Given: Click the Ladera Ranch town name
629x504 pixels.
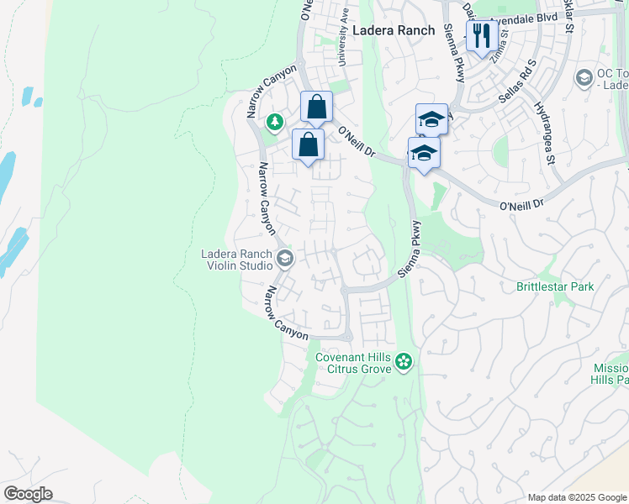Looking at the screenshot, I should point(394,30).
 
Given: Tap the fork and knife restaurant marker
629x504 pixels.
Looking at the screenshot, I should point(480,35).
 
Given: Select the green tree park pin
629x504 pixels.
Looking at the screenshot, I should point(274,123).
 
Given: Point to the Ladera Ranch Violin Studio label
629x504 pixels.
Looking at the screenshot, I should point(236,260).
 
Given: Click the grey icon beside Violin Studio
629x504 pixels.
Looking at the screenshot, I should point(285,259).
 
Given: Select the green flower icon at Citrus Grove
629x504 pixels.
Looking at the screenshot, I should point(404,361).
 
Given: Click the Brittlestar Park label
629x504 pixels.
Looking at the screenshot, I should point(555,286).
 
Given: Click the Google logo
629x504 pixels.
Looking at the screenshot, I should point(28,494).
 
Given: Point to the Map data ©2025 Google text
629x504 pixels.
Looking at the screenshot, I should point(577,497).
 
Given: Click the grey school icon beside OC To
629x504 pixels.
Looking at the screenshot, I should point(584,78).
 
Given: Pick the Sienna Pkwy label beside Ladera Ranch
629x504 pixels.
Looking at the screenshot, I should point(454,52).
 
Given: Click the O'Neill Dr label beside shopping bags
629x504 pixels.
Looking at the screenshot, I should point(357,141).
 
